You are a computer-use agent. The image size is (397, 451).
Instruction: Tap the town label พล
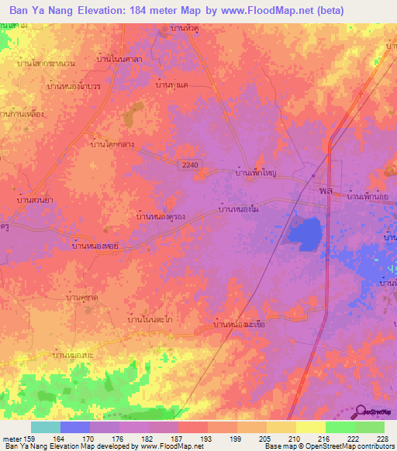click(x=326, y=190)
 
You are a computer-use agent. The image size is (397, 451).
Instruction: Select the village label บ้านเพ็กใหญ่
click(x=256, y=175)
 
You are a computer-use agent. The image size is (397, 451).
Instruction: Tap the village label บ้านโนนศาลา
click(x=120, y=58)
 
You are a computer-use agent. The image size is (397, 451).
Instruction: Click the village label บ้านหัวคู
click(x=186, y=29)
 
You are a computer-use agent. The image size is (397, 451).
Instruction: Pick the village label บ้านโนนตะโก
click(x=150, y=318)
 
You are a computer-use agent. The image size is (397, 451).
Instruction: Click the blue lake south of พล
click(x=306, y=233)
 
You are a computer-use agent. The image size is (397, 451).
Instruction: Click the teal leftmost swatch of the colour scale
click(x=46, y=428)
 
